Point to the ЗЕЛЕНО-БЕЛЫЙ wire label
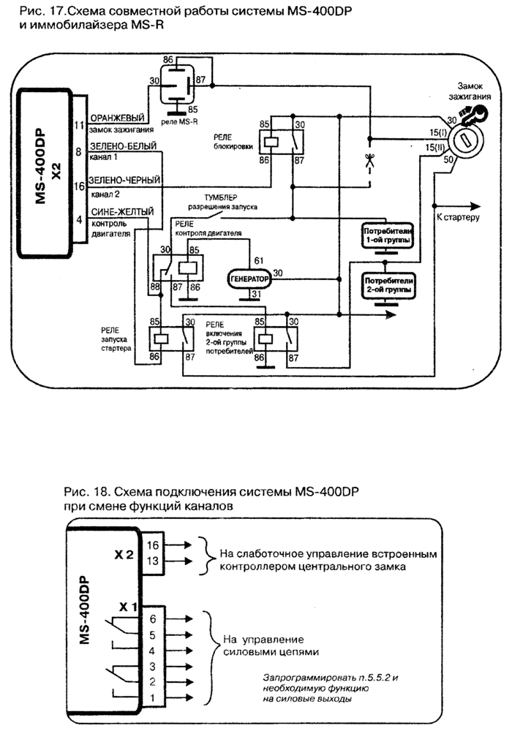click(121, 146)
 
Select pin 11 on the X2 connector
click(78, 125)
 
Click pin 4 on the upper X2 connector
click(78, 217)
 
